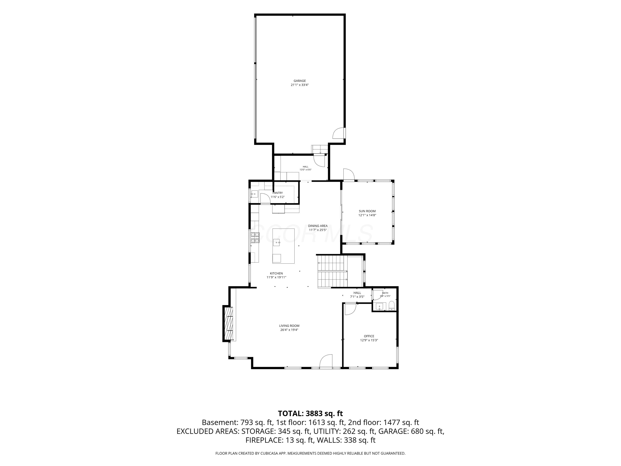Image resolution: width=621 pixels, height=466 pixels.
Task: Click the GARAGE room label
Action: (300, 81)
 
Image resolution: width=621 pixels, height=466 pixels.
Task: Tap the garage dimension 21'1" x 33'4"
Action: (300, 85)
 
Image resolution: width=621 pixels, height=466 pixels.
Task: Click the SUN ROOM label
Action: (367, 211)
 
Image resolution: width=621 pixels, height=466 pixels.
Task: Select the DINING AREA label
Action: (318, 226)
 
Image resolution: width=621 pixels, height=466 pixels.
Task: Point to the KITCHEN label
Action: (276, 273)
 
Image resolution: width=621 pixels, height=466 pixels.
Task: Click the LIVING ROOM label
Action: (289, 326)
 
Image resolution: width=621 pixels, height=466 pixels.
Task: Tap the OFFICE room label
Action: (369, 336)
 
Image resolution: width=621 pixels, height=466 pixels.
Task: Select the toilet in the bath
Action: (392, 306)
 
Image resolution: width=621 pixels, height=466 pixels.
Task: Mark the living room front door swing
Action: (326, 361)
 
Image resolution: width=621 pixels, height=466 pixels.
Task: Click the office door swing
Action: (350, 309)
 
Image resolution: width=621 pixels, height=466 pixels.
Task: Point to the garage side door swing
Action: (339, 133)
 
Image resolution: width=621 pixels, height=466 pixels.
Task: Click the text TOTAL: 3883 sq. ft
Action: (310, 413)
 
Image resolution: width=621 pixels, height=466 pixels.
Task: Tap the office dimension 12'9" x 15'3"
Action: (369, 340)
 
